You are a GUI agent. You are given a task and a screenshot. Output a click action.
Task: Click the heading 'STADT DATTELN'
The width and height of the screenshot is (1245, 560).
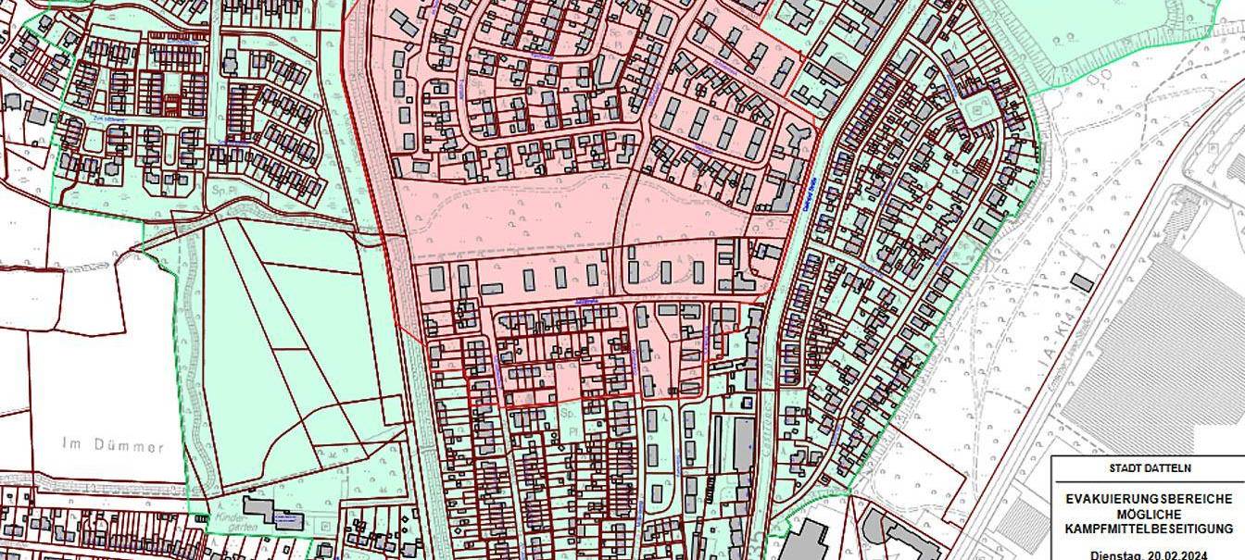click(x=1149, y=468)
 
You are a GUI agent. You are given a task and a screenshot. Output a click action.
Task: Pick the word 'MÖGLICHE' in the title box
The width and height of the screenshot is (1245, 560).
click(x=1149, y=514)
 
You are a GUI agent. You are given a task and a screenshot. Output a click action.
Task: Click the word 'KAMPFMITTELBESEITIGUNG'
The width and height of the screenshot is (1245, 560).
click(x=1149, y=529)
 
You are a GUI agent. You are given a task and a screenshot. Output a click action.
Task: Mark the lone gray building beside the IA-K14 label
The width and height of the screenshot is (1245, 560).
click(x=1081, y=280)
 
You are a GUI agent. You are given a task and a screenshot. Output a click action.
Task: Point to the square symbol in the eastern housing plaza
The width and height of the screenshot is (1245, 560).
click(x=979, y=114)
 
